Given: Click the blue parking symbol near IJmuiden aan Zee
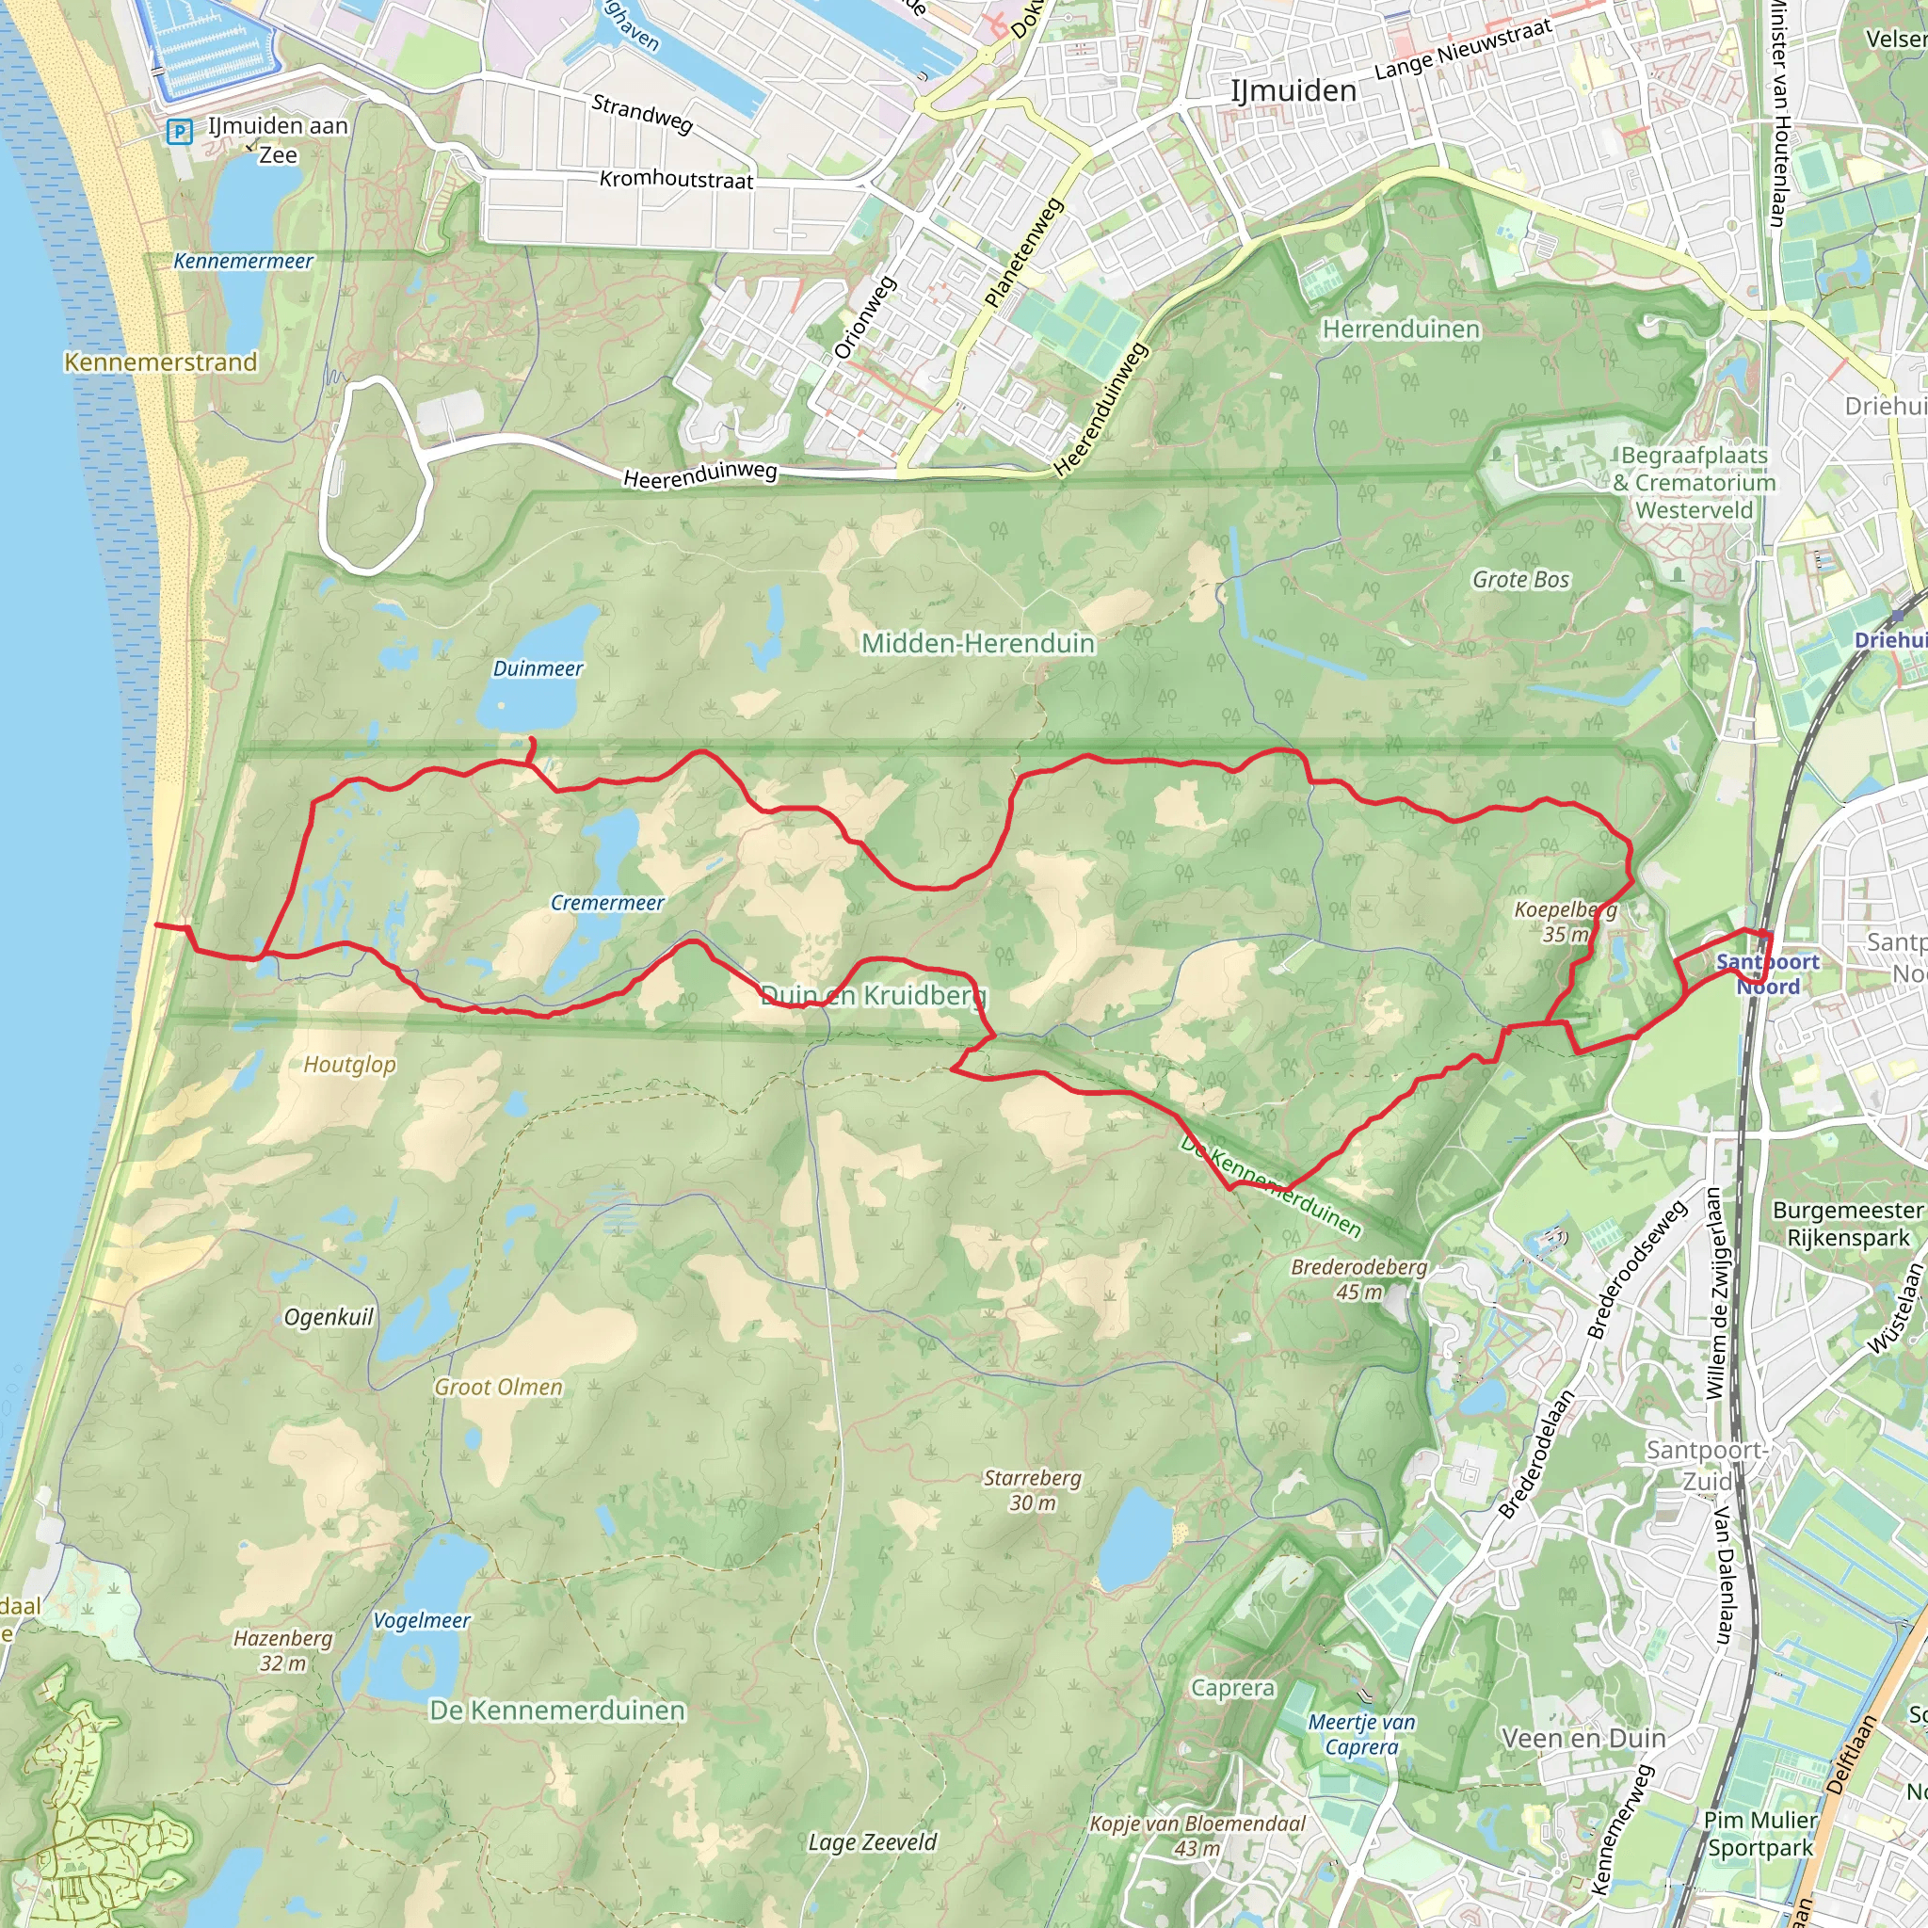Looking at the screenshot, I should point(179,131).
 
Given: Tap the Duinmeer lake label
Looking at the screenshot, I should point(538,668).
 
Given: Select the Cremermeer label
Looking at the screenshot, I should point(607,903).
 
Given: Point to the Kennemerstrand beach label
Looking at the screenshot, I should point(161,362).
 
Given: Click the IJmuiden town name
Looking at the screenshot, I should point(1293,90).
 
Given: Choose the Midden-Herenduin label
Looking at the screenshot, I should point(978,644).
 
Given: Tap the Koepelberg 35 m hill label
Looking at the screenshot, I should point(1565,922).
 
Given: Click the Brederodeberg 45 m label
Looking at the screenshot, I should point(1358,1279).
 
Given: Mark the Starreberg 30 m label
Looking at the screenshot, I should point(1033,1490).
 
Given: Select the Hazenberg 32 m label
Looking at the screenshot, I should point(282,1650).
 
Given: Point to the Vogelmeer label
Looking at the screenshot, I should point(421,1621).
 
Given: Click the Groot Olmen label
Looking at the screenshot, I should point(498,1387).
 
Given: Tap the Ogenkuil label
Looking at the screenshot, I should point(329,1317).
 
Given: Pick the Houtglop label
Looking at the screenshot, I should point(349,1065).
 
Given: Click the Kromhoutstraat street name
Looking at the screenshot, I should point(676,180).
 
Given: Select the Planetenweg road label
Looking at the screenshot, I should point(1024,252).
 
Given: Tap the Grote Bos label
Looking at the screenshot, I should point(1521,580).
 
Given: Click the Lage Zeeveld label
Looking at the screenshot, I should point(872,1842).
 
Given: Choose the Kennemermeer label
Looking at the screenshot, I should point(244,262).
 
